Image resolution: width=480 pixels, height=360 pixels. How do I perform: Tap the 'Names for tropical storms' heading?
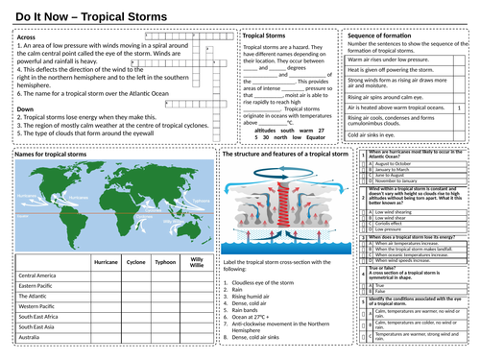46,154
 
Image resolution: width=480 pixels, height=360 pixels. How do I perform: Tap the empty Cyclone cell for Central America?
135,276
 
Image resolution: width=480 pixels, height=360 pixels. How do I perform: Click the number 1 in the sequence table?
460,108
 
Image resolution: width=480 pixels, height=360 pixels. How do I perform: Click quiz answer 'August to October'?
396,164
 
